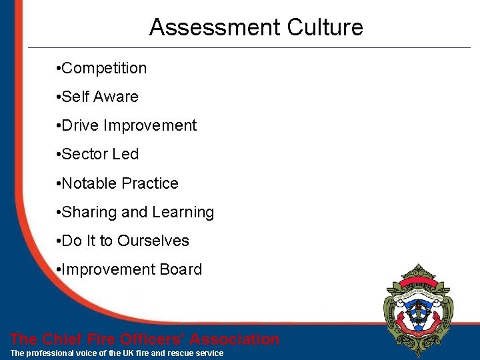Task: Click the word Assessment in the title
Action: point(215,27)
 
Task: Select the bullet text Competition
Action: point(104,69)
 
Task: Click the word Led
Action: point(125,155)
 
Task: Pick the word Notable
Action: point(87,183)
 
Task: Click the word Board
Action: point(180,270)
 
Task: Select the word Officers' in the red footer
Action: point(153,339)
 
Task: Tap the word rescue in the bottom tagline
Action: point(183,353)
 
